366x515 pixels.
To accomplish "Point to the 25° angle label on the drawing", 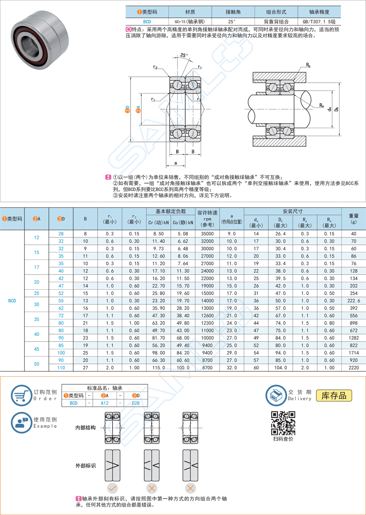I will (x=184, y=55).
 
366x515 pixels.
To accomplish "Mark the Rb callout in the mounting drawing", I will (x=308, y=64).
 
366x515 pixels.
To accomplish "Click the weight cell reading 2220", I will (x=354, y=368).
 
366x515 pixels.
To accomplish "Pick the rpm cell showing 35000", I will (x=208, y=233).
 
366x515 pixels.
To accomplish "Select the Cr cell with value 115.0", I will (x=158, y=368).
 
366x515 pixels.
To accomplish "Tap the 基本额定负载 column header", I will (x=171, y=211).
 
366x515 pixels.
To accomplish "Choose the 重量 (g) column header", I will (x=354, y=219).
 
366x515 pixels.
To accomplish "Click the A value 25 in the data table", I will (x=37, y=293).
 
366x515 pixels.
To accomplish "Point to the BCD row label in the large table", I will (x=12, y=300).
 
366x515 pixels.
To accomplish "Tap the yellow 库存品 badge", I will (x=334, y=395).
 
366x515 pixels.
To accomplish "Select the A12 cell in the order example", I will (x=105, y=403).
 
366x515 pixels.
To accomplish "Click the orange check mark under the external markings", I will (x=113, y=488).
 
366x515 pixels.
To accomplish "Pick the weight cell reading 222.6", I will (x=354, y=300).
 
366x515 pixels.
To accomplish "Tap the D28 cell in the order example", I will (x=136, y=403).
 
